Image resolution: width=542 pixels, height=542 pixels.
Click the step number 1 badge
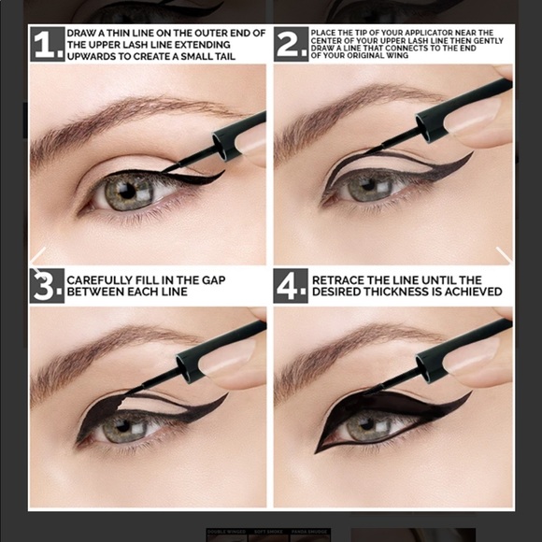[x=47, y=44]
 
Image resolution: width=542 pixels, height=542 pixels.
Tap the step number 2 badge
[x=291, y=44]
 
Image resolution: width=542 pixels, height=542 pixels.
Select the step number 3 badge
[x=47, y=286]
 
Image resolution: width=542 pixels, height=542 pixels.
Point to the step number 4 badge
[x=291, y=286]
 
